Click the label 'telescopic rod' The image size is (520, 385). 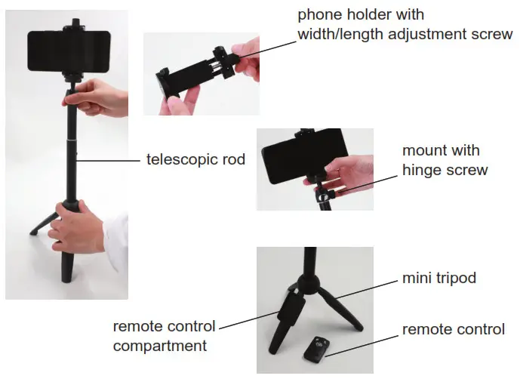195,160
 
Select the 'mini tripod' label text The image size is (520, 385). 439,279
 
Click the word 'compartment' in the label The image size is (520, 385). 160,346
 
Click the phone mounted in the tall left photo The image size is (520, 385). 69,48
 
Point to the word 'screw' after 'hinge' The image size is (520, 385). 468,170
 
